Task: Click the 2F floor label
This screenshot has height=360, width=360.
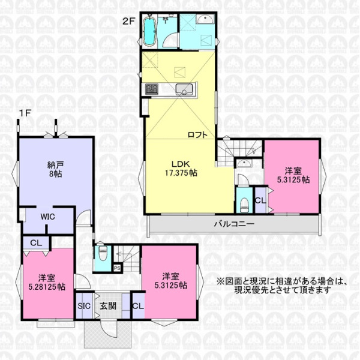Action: pyautogui.click(x=128, y=22)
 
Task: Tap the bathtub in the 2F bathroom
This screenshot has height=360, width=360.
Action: pyautogui.click(x=149, y=31)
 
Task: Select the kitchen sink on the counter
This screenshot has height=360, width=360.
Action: pyautogui.click(x=184, y=89)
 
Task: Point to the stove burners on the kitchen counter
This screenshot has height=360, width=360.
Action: pyautogui.click(x=152, y=89)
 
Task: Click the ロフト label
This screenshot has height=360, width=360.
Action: pyautogui.click(x=197, y=135)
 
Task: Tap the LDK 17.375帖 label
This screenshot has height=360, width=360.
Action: pyautogui.click(x=181, y=168)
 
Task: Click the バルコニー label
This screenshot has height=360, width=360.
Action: pyautogui.click(x=234, y=224)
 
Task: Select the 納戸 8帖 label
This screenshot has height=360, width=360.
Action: pyautogui.click(x=55, y=169)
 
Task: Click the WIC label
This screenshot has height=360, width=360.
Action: pyautogui.click(x=48, y=217)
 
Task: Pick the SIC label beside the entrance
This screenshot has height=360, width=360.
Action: pyautogui.click(x=84, y=306)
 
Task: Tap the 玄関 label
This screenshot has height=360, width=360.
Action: pyautogui.click(x=108, y=306)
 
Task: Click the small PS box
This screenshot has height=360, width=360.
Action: pyautogui.click(x=117, y=268)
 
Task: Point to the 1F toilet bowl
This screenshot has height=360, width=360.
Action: pyautogui.click(x=103, y=254)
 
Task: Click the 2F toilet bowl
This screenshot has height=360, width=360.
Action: pyautogui.click(x=244, y=203)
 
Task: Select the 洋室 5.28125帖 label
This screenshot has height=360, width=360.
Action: pyautogui.click(x=47, y=283)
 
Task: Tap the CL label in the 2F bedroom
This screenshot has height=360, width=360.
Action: pyautogui.click(x=260, y=200)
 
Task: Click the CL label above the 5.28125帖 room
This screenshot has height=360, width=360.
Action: pyautogui.click(x=36, y=243)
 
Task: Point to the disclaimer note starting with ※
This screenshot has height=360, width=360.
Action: pyautogui.click(x=281, y=286)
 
